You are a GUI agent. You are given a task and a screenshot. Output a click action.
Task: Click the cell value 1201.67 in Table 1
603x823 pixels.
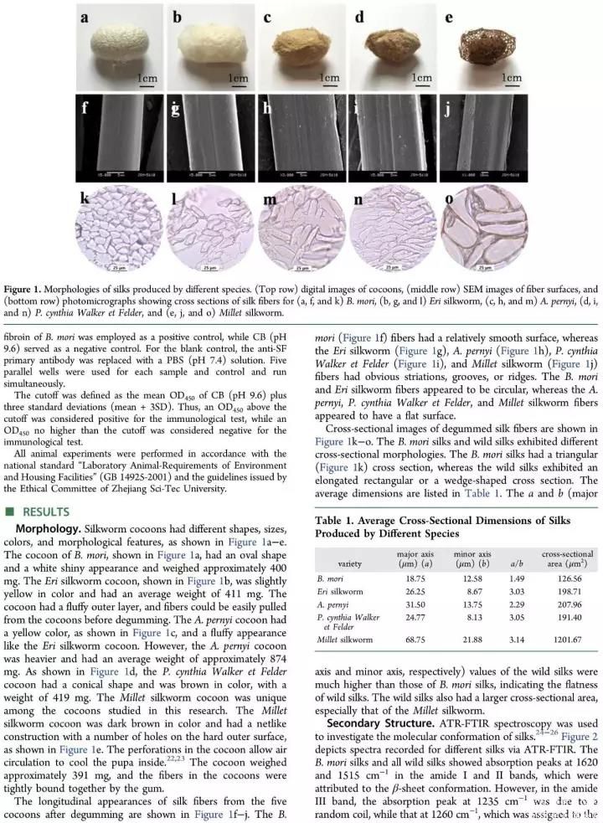(x=564, y=640)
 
